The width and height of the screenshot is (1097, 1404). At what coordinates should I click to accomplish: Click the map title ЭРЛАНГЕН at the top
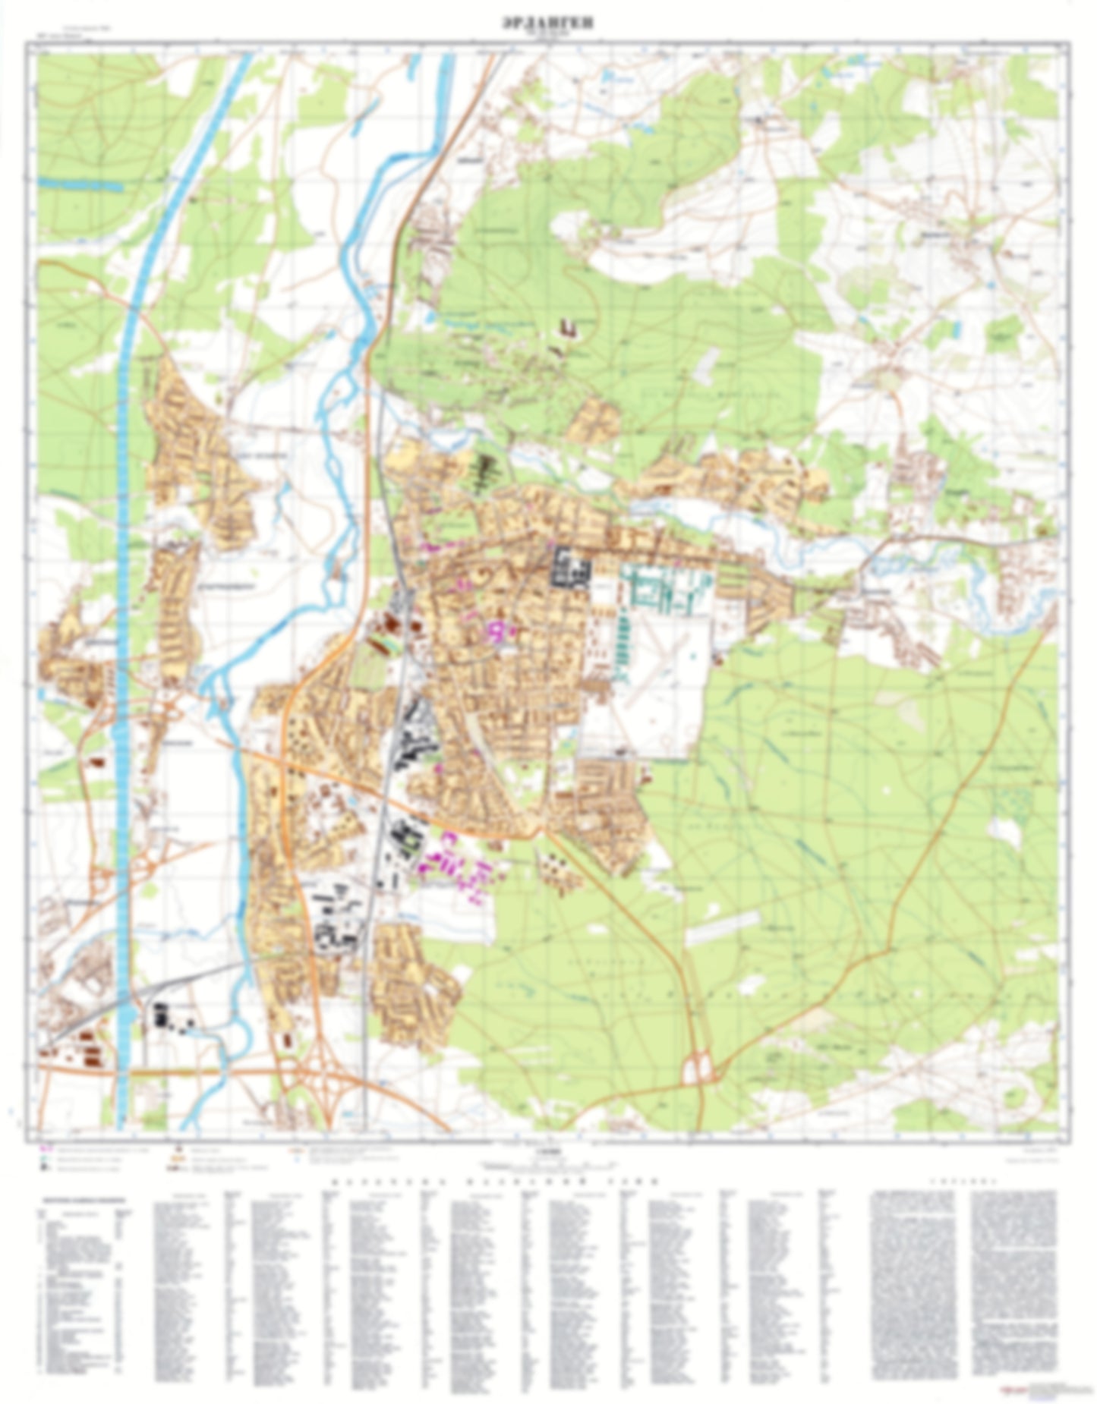click(548, 24)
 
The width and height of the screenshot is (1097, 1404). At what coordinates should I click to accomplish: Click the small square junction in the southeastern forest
click(700, 1070)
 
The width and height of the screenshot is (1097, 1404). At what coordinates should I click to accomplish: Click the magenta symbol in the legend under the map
click(45, 1151)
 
